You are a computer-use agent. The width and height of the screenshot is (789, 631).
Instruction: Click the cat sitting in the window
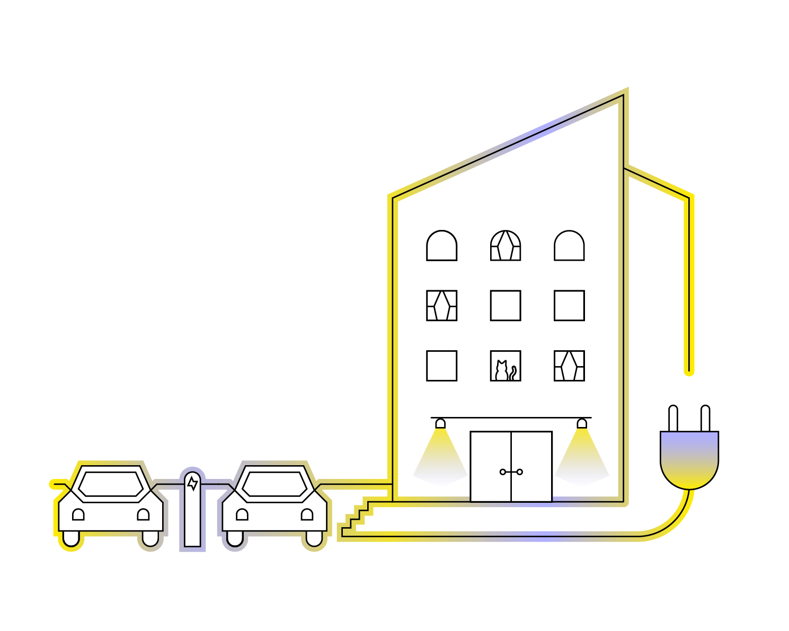click(x=501, y=370)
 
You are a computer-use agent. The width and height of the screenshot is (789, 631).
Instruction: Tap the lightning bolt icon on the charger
click(x=192, y=483)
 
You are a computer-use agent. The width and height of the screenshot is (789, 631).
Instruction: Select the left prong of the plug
click(x=673, y=419)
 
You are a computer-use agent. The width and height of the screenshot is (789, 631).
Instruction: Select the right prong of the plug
click(x=705, y=419)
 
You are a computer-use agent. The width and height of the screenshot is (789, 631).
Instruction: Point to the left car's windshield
click(x=111, y=484)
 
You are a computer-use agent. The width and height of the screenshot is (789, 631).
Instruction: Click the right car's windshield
click(x=274, y=484)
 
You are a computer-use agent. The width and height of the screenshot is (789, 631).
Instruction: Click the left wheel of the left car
click(x=71, y=539)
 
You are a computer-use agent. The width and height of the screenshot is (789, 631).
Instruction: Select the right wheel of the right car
click(x=314, y=539)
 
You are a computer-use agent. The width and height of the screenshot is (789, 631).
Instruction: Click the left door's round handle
click(x=502, y=472)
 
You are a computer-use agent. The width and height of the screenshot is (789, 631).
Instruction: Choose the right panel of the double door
click(x=531, y=466)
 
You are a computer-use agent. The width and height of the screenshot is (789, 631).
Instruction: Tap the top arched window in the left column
click(x=441, y=245)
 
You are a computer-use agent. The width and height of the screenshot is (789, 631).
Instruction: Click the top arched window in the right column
click(x=569, y=245)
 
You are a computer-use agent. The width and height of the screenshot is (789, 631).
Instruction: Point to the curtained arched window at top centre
click(x=506, y=245)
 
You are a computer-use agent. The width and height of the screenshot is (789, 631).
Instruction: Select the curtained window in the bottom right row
click(x=569, y=366)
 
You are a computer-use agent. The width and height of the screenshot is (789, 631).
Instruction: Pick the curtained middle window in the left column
click(x=441, y=306)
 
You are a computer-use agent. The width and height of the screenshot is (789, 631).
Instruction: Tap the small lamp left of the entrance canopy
click(x=440, y=423)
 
